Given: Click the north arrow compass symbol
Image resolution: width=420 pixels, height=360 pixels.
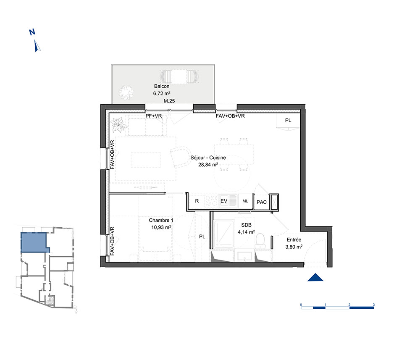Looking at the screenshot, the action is click(x=37, y=45).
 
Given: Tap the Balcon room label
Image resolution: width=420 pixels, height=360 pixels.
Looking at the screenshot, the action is click(x=162, y=86).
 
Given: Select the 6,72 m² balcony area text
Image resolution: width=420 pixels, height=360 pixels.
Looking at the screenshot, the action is click(x=162, y=94).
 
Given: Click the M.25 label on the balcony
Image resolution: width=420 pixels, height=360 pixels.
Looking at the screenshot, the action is click(x=169, y=101).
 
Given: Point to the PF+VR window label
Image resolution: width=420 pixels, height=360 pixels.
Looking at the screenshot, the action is click(x=153, y=116).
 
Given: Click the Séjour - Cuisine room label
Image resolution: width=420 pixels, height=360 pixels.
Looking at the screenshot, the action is click(x=208, y=158).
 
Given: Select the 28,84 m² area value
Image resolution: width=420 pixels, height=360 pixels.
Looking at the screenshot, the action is click(x=208, y=165).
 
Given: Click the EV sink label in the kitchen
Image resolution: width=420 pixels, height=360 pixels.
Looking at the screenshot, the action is click(x=224, y=201).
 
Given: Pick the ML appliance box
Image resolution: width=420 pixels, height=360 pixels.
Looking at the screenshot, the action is click(x=246, y=201).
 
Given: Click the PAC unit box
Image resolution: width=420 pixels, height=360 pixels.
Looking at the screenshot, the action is click(x=262, y=202).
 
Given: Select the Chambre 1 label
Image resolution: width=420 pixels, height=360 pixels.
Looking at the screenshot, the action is click(x=161, y=221).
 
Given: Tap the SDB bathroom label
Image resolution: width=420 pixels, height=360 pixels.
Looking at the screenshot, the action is click(x=246, y=225).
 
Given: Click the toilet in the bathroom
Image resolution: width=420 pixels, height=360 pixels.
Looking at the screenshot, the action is click(x=260, y=241).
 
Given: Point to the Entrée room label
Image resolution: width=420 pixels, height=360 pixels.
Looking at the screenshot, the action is click(x=294, y=240).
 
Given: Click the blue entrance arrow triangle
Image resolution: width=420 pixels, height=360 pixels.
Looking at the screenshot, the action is click(x=315, y=278).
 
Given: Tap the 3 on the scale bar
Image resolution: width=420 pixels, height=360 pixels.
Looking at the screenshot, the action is click(x=374, y=305).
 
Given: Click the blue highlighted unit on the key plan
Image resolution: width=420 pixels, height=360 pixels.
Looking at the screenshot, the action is click(x=34, y=242).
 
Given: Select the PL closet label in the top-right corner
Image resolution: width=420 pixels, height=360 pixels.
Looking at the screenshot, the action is click(x=288, y=121).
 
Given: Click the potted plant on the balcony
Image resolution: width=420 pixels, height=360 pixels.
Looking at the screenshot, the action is click(x=126, y=92).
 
